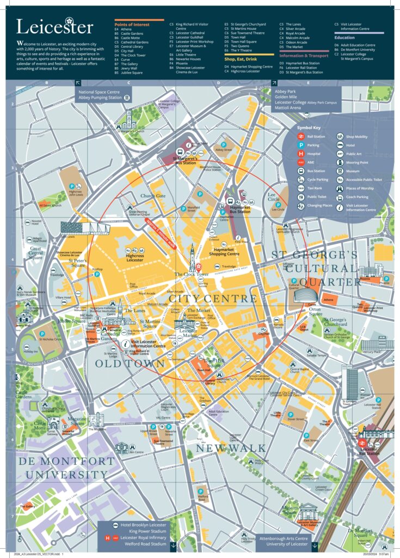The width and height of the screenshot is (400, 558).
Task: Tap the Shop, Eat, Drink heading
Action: coord(240,59)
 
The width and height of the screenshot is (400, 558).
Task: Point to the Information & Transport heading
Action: coord(304,56)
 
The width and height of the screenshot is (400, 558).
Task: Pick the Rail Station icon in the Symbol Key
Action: coord(301,137)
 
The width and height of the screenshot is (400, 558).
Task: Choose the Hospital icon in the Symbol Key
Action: coord(301,154)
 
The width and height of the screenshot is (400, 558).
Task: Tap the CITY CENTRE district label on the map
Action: coord(213,299)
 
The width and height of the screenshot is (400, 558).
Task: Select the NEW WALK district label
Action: coord(231,448)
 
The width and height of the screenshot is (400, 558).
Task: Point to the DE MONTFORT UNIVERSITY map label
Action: coord(67,467)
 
